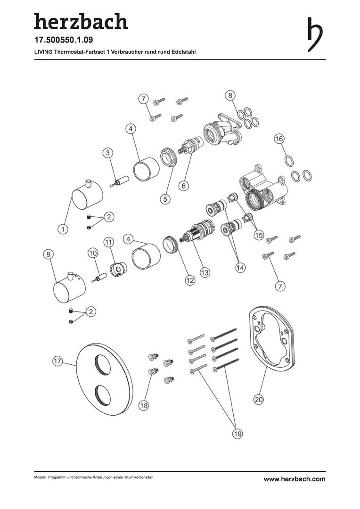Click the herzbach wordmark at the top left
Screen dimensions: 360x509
click(x=81, y=21)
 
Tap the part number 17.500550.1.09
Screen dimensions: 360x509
click(x=64, y=40)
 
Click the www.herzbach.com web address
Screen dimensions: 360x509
click(x=295, y=479)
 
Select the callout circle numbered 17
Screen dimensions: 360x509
click(x=58, y=361)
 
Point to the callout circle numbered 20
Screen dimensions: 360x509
click(x=259, y=399)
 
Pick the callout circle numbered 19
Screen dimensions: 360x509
click(x=238, y=434)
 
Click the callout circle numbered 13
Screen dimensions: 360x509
click(x=205, y=272)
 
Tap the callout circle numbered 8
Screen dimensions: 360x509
click(x=230, y=95)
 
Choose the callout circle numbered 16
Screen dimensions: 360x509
click(x=279, y=139)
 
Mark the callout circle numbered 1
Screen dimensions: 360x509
click(x=63, y=229)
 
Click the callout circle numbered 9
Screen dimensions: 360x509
click(x=49, y=254)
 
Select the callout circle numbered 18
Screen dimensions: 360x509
click(x=144, y=405)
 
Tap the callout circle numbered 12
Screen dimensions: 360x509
click(x=190, y=280)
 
